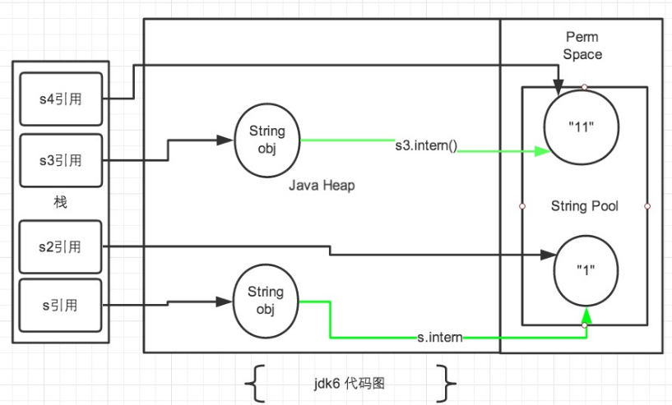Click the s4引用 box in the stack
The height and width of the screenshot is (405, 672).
61,99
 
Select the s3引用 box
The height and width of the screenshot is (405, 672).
61,159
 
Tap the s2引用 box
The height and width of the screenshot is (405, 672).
61,246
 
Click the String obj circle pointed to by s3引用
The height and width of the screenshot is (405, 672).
266,140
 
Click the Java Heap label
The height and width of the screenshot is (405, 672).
322,186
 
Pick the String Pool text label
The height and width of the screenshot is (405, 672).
584,206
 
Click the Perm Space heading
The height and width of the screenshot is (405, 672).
583,46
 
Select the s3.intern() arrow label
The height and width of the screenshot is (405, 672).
426,147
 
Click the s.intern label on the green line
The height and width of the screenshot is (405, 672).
439,336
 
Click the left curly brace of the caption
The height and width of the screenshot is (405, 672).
256,382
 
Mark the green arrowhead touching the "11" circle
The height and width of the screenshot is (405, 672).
540,151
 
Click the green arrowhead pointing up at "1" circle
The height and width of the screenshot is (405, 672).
585,316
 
